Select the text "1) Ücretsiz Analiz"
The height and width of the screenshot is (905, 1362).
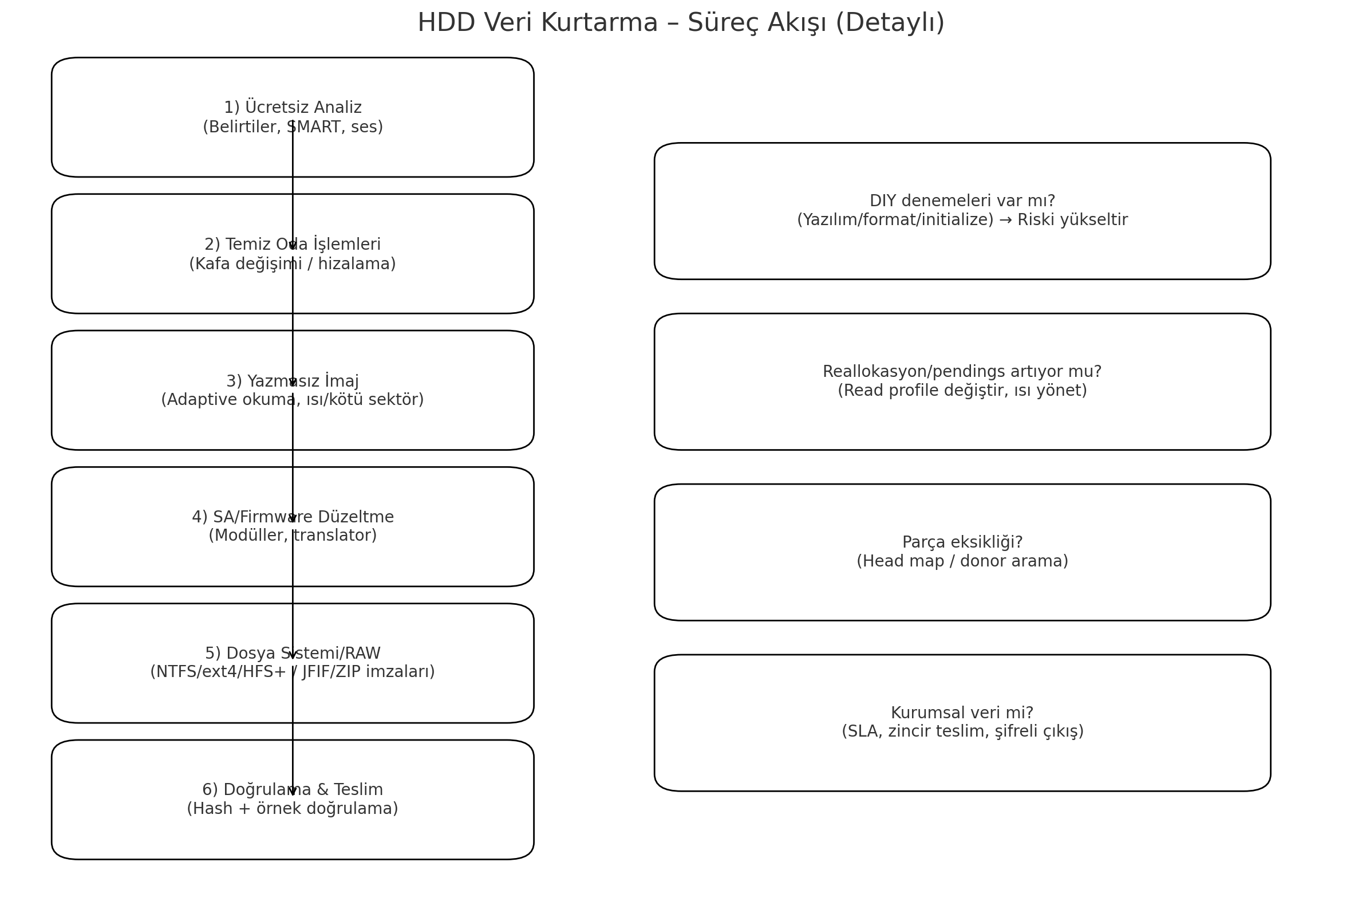pos(293,107)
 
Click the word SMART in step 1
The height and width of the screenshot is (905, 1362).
pos(309,127)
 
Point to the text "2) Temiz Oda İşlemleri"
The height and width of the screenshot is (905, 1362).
pos(293,244)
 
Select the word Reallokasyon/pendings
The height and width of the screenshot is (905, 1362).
pos(904,372)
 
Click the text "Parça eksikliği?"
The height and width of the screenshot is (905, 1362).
pos(962,542)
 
